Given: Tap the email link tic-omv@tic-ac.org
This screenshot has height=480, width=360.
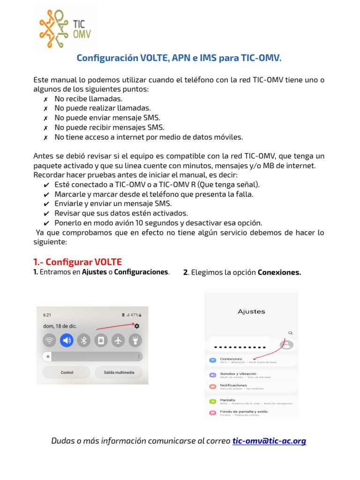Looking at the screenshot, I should tap(269, 441).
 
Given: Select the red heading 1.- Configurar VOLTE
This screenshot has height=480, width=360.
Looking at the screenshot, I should tap(77, 262).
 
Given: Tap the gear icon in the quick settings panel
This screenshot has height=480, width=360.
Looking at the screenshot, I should tap(137, 326).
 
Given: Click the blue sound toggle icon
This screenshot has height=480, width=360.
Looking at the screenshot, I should tap(67, 341).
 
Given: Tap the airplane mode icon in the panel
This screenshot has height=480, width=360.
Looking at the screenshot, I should tap(118, 341).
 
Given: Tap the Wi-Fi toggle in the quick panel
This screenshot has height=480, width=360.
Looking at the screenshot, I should tap(49, 341).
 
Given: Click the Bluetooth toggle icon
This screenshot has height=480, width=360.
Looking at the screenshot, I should tap(84, 341).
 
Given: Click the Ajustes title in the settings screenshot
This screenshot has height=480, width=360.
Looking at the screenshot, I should tap(251, 311).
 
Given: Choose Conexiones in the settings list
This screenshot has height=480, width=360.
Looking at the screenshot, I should tap(231, 360).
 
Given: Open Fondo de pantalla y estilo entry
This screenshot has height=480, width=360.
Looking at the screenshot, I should tap(244, 412).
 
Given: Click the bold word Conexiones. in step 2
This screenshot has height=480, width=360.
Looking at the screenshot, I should tap(279, 272).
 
